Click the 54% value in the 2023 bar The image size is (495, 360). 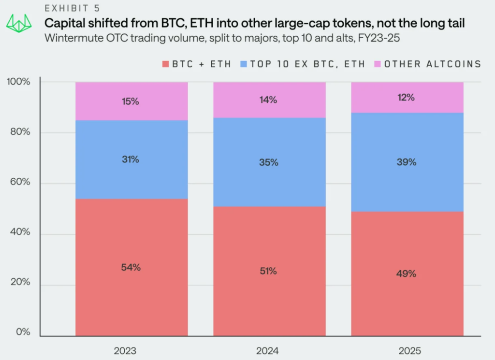[x=131, y=267]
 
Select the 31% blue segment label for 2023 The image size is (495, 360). [x=131, y=159]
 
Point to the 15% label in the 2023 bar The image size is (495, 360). [x=131, y=101]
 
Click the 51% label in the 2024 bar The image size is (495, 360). [x=268, y=271]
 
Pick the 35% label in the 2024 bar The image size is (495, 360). [x=269, y=162]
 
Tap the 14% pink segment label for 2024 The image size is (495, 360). [x=268, y=100]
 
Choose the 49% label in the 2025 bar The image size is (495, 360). [x=407, y=274]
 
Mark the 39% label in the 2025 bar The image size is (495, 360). [x=407, y=162]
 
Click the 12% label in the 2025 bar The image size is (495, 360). [x=407, y=97]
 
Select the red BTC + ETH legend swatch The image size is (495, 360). [x=166, y=64]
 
